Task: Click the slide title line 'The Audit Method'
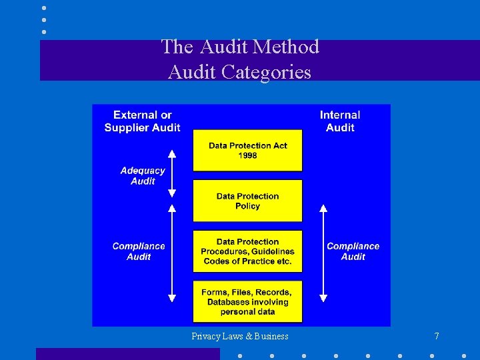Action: [240, 47]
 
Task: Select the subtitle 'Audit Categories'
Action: [240, 71]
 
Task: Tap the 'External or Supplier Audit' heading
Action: [142, 121]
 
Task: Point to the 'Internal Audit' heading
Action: [340, 121]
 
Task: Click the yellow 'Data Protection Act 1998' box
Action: [247, 151]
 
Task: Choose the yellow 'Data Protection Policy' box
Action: [247, 201]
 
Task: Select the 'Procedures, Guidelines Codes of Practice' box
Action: [247, 251]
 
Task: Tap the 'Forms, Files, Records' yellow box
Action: [247, 302]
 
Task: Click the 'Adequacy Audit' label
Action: [143, 176]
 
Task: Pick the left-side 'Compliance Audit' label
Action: [139, 251]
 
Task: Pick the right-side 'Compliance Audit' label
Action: [353, 251]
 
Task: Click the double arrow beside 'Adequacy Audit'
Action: [172, 173]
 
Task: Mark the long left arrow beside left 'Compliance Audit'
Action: [172, 253]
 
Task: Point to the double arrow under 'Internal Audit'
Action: [323, 253]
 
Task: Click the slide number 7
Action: [437, 337]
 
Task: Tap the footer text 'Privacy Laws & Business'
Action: [240, 337]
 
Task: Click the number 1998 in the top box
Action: [247, 156]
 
